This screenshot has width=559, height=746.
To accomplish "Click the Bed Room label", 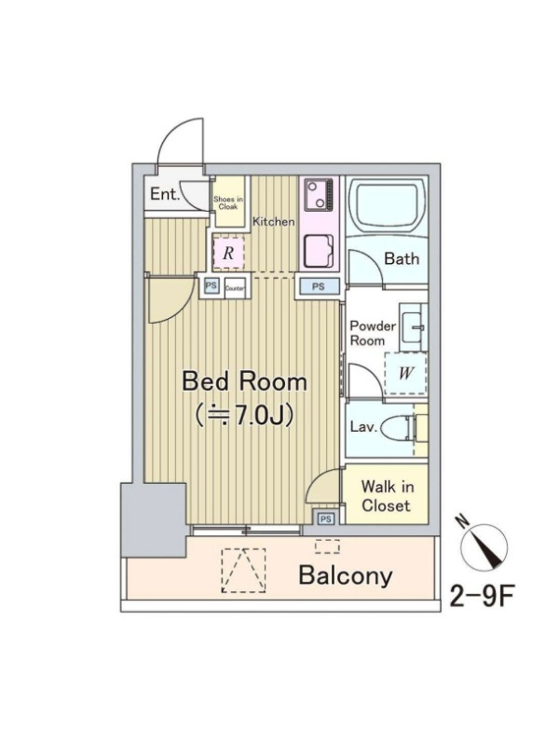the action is (244, 381).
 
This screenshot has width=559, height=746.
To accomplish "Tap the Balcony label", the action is (346, 575).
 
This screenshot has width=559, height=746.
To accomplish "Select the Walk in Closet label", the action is (386, 496).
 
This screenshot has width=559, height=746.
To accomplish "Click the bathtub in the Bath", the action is (387, 205).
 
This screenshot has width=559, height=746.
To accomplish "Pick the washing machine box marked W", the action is (405, 373).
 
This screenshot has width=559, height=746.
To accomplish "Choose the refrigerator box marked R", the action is (228, 252).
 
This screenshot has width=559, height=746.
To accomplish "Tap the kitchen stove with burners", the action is (319, 195).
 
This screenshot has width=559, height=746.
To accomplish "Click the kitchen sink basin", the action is (319, 252).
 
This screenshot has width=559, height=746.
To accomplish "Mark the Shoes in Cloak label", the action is (228, 202).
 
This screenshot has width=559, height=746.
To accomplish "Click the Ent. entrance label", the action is (165, 194).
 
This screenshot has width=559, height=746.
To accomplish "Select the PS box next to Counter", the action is (211, 286).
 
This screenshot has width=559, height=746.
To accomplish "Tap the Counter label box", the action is (235, 288).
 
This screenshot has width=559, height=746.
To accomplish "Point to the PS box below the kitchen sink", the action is (319, 286).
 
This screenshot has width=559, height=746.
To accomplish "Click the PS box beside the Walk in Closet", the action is (325, 518).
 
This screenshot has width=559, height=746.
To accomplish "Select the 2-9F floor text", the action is (482, 596).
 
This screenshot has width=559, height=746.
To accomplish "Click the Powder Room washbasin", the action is (413, 327).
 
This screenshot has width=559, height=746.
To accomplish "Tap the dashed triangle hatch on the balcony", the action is (244, 570).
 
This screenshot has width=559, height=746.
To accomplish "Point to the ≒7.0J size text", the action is (244, 416).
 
